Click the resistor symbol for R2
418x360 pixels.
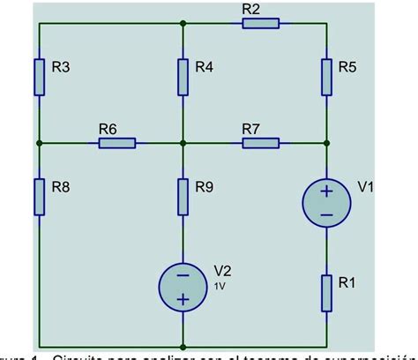260,23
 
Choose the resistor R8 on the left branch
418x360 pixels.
40,195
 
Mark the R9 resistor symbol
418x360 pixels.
183,196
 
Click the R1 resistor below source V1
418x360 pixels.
326,292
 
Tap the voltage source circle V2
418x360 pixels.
183,286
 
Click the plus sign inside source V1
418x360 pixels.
326,191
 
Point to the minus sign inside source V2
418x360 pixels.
183,274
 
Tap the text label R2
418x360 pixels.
250,9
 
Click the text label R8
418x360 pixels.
62,186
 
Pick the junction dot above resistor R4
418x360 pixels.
183,23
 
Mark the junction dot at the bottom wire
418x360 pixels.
183,347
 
